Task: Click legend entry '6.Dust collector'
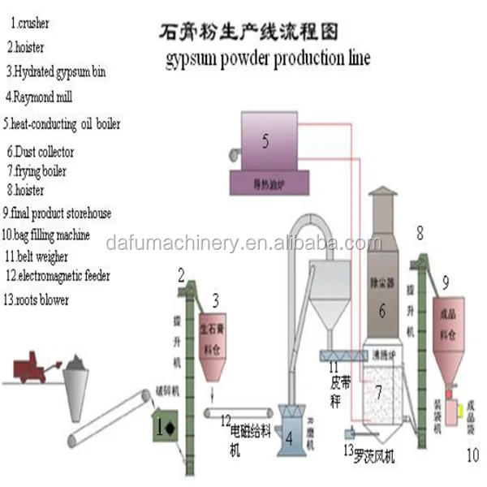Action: point(41,151)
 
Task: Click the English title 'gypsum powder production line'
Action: point(268,59)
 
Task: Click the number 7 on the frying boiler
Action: point(377,390)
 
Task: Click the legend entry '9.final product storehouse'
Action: point(61,213)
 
